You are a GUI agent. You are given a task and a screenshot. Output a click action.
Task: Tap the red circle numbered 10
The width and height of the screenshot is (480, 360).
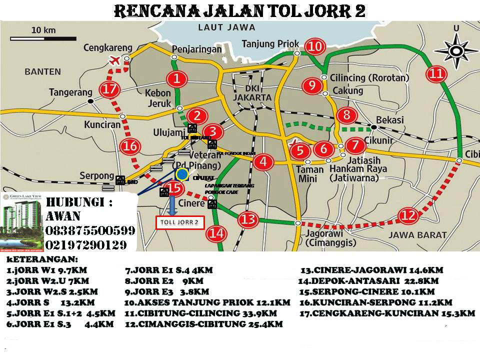tap(314, 47)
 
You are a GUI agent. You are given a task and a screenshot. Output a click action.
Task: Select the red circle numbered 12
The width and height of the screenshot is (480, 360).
tap(408, 216)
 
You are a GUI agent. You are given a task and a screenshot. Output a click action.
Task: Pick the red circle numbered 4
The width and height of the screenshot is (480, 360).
tap(263, 161)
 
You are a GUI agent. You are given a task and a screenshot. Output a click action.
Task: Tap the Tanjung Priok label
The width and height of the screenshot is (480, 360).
tap(270, 44)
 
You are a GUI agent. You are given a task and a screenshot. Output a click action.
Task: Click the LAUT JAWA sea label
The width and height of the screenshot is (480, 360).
tap(226, 27)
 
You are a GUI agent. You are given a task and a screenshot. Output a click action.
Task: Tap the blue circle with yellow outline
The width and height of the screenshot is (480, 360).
tap(182, 174)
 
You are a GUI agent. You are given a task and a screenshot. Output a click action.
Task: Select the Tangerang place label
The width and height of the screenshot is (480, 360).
tap(70, 92)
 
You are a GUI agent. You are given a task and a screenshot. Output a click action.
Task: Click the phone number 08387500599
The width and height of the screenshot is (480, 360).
tap(90, 231)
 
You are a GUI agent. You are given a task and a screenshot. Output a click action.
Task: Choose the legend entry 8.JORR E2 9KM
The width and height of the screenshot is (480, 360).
tap(164, 281)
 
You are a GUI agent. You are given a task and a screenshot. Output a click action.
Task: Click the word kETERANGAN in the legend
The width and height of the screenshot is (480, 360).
tap(42, 260)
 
